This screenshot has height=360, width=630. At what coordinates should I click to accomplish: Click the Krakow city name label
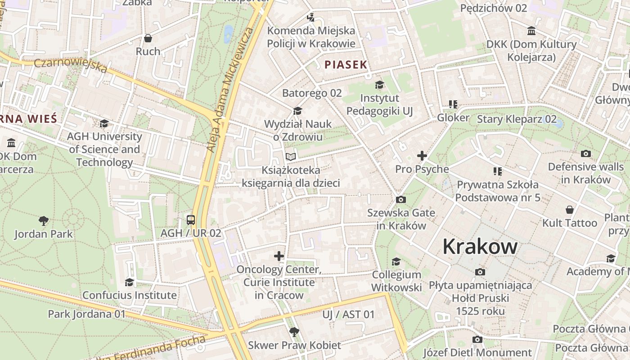480,247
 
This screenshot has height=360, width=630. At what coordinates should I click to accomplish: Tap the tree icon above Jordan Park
44,221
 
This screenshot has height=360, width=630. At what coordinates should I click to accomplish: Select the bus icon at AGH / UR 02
191,220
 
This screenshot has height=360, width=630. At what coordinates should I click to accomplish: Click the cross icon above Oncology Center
279,256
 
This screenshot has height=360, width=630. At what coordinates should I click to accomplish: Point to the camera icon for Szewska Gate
400,199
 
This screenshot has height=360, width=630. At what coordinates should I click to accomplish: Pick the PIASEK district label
346,65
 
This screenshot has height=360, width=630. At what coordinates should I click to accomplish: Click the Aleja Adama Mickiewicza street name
229,90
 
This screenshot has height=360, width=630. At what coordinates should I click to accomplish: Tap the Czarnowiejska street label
71,65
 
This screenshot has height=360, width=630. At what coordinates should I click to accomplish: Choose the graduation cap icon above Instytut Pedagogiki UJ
379,85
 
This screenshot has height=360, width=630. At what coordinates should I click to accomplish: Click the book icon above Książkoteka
291,157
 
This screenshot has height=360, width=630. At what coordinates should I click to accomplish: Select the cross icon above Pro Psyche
422,156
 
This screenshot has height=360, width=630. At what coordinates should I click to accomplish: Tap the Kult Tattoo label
570,223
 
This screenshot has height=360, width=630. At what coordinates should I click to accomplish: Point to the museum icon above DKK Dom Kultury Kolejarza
531,31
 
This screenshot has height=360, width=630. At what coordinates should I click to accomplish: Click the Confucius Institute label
130,295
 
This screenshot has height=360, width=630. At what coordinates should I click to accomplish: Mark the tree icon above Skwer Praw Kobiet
294,332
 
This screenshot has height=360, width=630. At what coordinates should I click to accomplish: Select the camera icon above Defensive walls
585,153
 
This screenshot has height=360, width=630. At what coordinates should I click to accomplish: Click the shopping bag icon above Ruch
148,38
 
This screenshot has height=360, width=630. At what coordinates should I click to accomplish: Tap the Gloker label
453,118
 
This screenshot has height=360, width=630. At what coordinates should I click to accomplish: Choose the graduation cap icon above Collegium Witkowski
396,261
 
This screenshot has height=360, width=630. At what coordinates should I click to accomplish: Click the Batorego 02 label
312,93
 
